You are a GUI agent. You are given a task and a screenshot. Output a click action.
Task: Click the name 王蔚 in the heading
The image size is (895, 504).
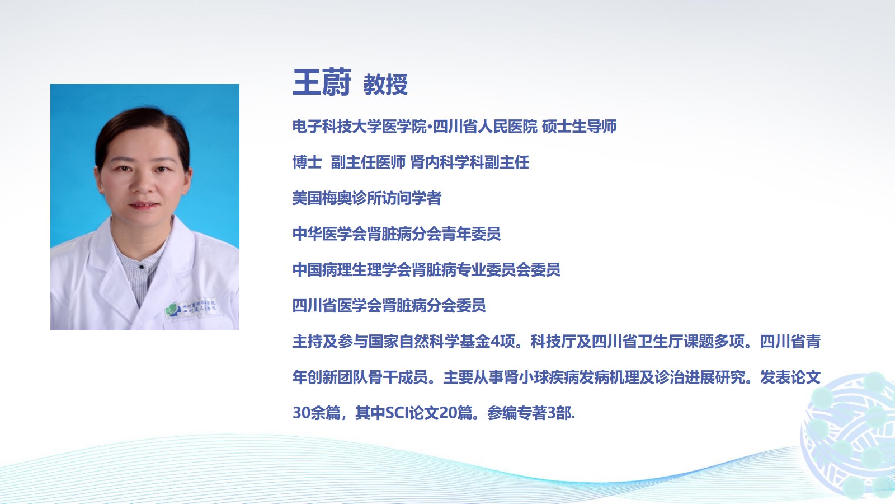(x=322, y=82)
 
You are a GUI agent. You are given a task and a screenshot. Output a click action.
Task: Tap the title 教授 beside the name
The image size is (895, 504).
(x=385, y=85)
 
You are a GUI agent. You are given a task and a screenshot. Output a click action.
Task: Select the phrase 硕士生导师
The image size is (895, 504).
(x=579, y=127)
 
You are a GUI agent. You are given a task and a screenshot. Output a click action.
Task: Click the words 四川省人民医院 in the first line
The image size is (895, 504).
(x=485, y=127)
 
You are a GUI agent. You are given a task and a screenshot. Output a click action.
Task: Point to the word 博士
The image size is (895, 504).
(x=307, y=162)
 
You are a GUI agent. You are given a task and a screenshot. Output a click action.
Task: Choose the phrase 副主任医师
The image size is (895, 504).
(x=368, y=162)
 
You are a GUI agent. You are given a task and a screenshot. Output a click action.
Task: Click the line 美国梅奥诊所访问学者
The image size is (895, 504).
(x=366, y=198)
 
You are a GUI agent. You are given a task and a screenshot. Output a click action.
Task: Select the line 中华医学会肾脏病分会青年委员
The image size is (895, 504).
(x=397, y=234)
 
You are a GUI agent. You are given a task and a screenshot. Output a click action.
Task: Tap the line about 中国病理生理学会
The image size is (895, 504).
(x=426, y=269)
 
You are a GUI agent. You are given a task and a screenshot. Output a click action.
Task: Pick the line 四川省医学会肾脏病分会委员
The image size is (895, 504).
(x=389, y=306)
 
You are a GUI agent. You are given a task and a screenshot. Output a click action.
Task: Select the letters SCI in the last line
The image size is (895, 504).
(x=397, y=413)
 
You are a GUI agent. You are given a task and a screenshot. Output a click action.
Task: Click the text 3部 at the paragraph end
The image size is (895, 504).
(x=559, y=413)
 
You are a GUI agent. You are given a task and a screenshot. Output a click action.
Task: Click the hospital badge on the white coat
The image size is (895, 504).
(x=191, y=307)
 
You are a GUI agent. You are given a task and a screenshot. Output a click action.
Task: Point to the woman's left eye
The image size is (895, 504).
(x=162, y=169)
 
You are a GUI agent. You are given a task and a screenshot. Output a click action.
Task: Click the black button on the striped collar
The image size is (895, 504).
(x=141, y=267)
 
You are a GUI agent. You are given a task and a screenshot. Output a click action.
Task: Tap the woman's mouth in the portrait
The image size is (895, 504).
(x=144, y=205)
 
